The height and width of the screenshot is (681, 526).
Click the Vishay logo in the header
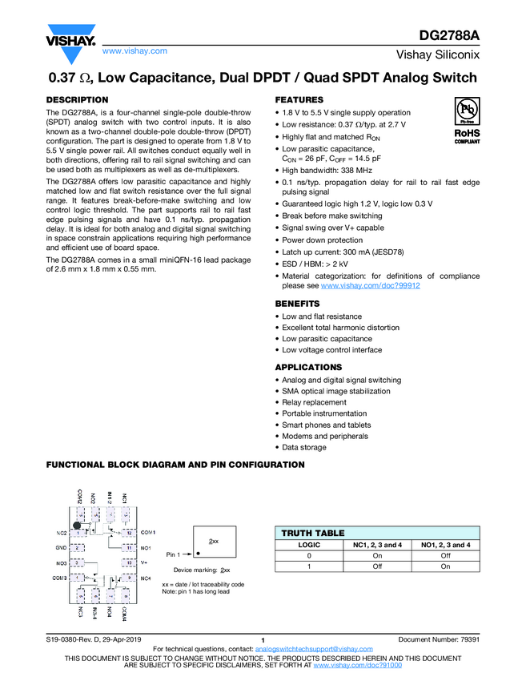(70, 42)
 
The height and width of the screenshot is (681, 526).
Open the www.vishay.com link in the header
(135, 50)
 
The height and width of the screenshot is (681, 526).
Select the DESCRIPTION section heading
(77, 99)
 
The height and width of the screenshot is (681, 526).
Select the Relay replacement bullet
(314, 402)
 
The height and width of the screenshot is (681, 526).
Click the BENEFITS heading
(297, 304)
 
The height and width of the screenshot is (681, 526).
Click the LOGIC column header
(309, 545)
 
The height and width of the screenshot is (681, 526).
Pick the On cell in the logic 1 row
(445, 566)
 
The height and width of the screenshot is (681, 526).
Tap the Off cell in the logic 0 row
(445, 555)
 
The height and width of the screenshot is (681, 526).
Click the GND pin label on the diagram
(61, 548)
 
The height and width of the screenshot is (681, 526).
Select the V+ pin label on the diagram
(144, 562)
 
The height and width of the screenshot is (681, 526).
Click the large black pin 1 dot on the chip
(77, 526)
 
